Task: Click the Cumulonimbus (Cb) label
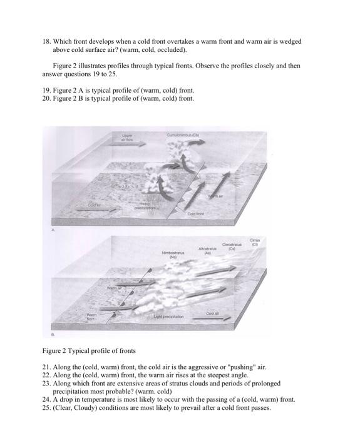click(183, 133)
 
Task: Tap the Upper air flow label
click(128, 137)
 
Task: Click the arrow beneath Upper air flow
click(128, 145)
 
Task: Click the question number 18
click(46, 41)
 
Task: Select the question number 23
click(46, 383)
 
